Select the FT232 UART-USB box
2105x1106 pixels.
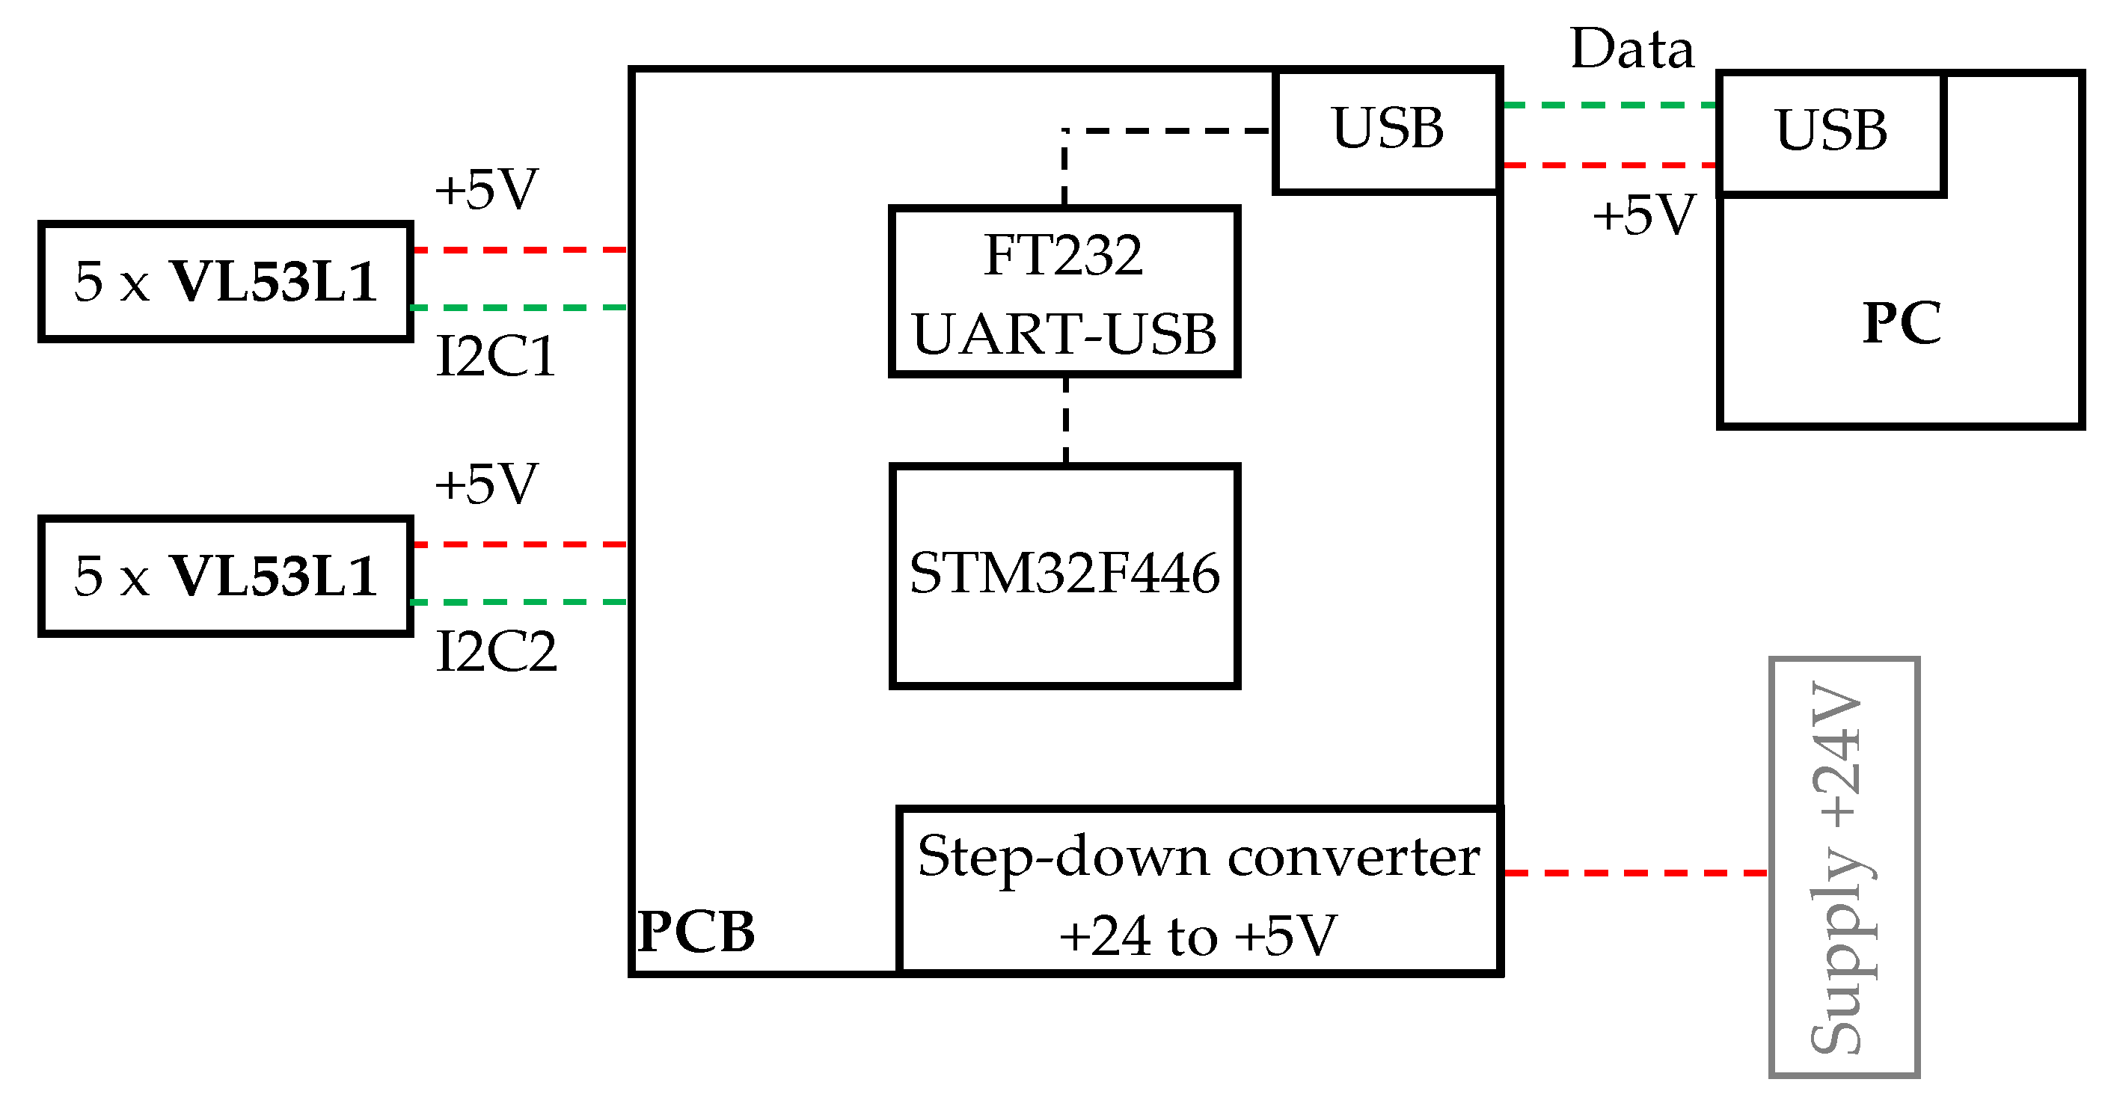[x=1064, y=292]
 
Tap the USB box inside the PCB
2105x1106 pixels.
[x=1387, y=131]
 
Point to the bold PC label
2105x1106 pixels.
[x=1901, y=324]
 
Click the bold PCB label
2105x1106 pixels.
[x=696, y=931]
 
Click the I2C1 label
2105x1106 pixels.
[x=496, y=357]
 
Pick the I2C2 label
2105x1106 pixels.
[x=496, y=652]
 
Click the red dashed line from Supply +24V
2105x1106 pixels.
[x=1634, y=873]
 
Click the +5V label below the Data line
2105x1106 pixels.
[x=1643, y=215]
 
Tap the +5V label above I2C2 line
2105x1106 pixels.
[x=486, y=484]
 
